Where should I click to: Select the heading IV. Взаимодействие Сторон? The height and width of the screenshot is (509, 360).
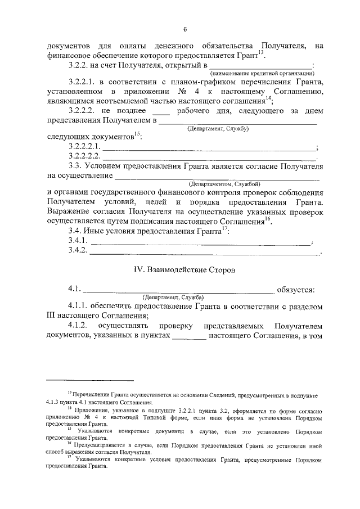(x=184, y=269)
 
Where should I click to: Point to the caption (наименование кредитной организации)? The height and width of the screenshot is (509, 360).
(x=262, y=74)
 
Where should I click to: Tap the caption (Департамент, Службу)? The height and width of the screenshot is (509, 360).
(x=218, y=129)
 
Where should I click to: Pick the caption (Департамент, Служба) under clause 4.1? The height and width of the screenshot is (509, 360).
(x=173, y=297)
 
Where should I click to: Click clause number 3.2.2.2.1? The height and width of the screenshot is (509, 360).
(x=84, y=147)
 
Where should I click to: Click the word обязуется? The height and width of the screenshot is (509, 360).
(x=295, y=290)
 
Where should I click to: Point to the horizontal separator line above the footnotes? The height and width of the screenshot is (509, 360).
(x=90, y=381)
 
